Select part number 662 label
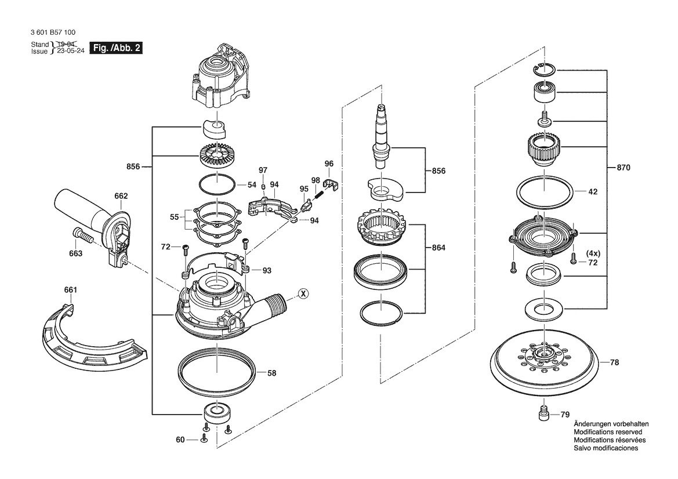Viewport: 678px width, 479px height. click(x=121, y=196)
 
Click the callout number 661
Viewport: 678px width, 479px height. click(x=70, y=289)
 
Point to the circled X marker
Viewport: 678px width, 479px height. click(x=302, y=294)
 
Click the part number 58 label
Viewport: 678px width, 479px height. click(x=271, y=373)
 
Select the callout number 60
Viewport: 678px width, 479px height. click(x=180, y=440)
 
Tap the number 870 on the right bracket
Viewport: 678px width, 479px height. click(x=623, y=168)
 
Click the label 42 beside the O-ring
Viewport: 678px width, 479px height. click(x=593, y=191)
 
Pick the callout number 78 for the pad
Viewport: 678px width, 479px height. click(x=614, y=362)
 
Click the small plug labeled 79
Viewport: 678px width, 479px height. click(x=543, y=415)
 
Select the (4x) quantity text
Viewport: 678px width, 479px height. click(x=593, y=253)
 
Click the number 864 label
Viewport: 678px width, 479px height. click(x=438, y=248)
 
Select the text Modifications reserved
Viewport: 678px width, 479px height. click(x=607, y=432)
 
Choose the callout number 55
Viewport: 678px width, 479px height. click(x=173, y=216)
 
